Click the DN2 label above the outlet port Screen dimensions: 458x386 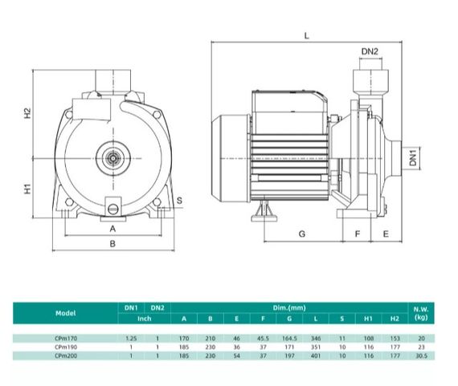click(370, 51)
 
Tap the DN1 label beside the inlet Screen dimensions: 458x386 click(413, 158)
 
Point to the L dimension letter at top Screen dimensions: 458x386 click(306, 36)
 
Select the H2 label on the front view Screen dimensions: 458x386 click(27, 113)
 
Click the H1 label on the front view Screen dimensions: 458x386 click(27, 189)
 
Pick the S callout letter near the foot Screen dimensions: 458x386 click(179, 201)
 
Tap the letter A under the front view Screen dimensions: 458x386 click(112, 229)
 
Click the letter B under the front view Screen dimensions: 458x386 click(112, 244)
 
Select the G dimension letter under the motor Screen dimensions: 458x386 click(302, 234)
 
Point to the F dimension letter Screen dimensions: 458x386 click(358, 234)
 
